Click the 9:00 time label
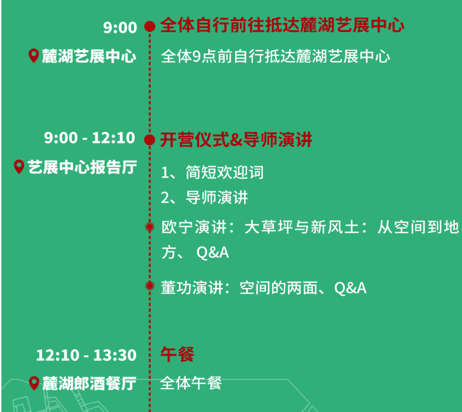(x=120, y=27)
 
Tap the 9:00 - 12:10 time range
(x=89, y=138)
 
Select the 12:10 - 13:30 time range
(x=86, y=355)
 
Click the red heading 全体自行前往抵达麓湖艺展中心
(x=282, y=25)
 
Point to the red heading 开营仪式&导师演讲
(x=236, y=139)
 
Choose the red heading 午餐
(x=177, y=354)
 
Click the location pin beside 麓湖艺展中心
(x=33, y=56)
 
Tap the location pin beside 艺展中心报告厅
(x=19, y=167)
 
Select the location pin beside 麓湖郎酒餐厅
(x=34, y=383)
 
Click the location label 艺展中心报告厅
(x=82, y=167)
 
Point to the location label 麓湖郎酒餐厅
(x=89, y=383)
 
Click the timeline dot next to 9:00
(x=150, y=27)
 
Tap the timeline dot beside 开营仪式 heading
(x=150, y=140)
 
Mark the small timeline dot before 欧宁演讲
(x=150, y=227)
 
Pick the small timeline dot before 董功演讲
(x=150, y=286)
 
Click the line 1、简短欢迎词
(x=212, y=172)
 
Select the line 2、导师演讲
(x=204, y=198)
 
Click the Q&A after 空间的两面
(x=350, y=288)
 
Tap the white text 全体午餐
(x=191, y=383)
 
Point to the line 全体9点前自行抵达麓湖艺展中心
(x=275, y=56)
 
